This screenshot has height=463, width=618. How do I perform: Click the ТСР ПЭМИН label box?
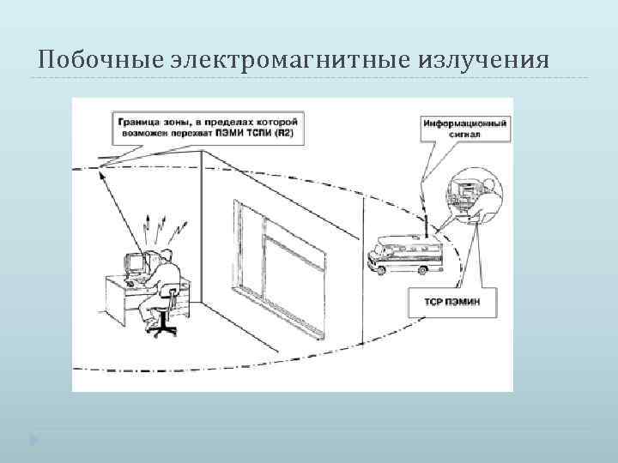click(452, 302)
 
